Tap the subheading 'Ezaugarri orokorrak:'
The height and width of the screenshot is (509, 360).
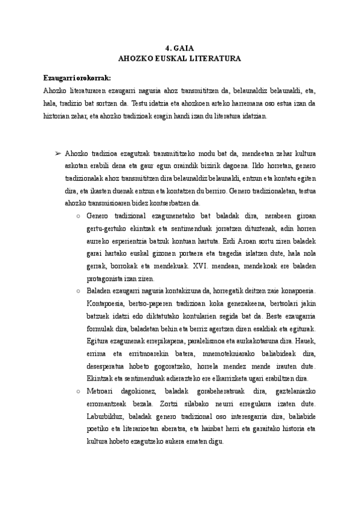(x=77, y=79)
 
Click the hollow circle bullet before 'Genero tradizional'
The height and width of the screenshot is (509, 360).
(x=80, y=215)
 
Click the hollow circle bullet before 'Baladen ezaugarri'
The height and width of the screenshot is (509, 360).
(x=80, y=291)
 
